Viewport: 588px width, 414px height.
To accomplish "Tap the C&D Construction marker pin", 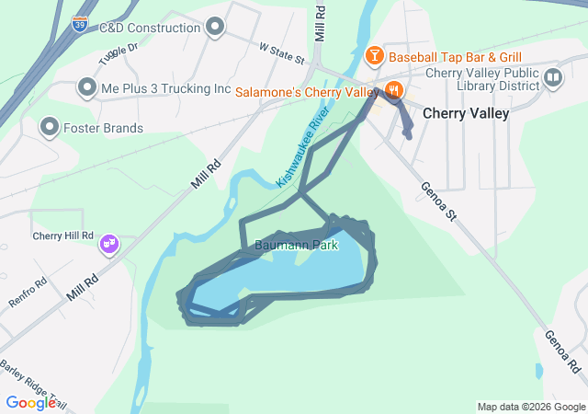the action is [x=216, y=27].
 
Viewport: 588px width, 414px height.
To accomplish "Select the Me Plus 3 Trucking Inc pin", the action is [x=87, y=88].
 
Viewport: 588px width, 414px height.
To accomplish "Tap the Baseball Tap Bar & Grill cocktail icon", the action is [x=375, y=57].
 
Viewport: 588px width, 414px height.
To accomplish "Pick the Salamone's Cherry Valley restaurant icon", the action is [x=393, y=91].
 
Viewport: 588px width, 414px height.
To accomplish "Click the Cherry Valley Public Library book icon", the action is [x=552, y=76].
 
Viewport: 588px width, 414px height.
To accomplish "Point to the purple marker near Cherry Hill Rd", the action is [x=109, y=244].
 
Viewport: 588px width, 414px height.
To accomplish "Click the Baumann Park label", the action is [x=297, y=246].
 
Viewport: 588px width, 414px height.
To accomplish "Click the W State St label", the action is [x=281, y=52].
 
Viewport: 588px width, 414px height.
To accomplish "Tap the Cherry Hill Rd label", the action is [x=63, y=236].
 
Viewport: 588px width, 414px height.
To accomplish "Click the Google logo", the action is [x=30, y=402].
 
